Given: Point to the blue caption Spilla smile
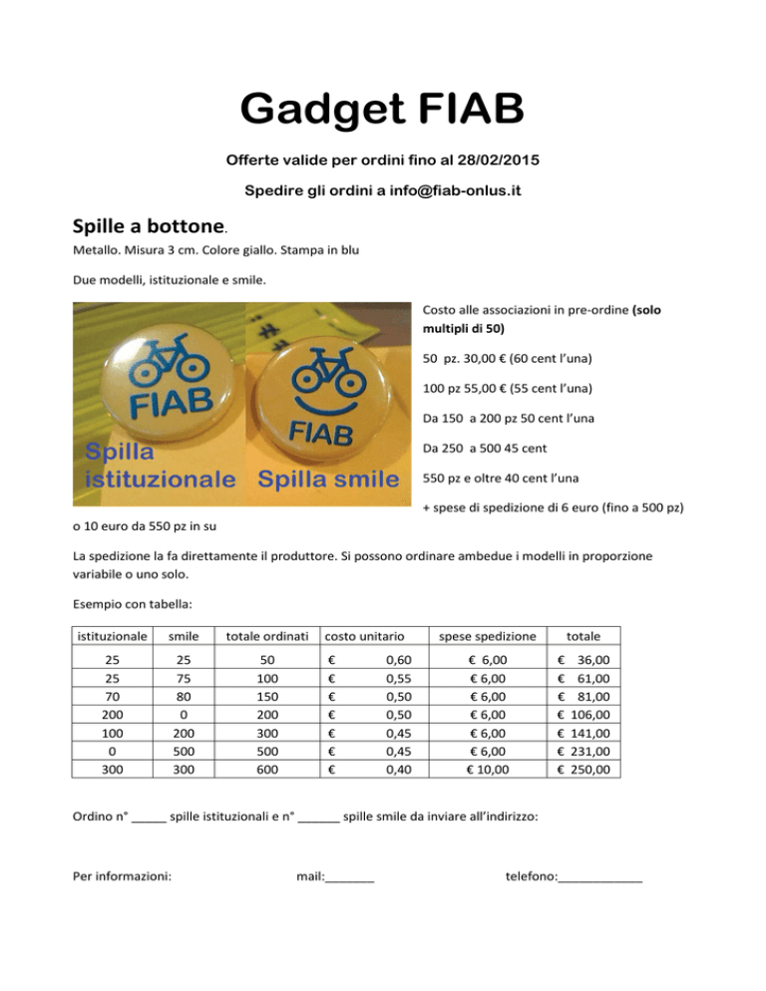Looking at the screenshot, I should coord(327,478).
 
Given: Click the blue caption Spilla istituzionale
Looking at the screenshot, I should coord(160,465).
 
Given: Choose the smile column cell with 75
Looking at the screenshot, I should coord(181,678).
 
